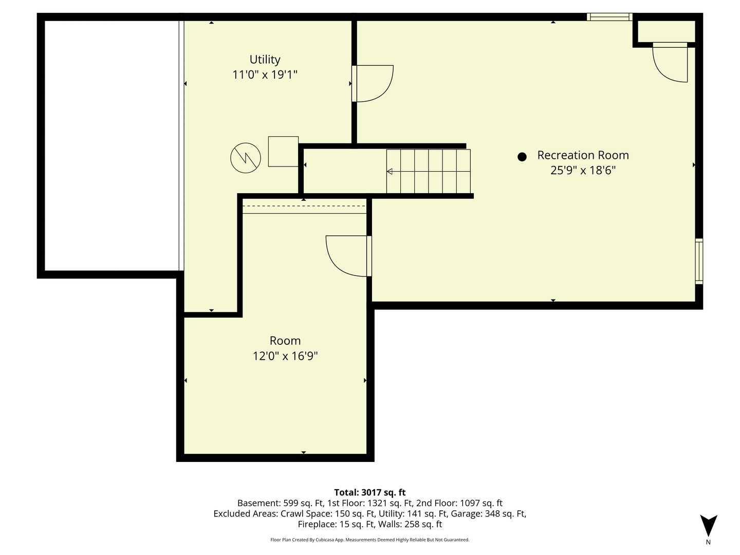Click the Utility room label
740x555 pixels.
[x=265, y=60]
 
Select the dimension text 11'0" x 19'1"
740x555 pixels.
[x=265, y=75]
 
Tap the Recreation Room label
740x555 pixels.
[x=583, y=155]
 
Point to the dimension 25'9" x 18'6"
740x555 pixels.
[x=583, y=171]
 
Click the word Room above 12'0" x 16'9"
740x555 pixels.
[x=285, y=341]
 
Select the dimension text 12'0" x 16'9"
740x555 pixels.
[x=285, y=356]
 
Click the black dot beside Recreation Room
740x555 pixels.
[x=522, y=157]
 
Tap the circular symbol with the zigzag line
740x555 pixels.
[x=246, y=157]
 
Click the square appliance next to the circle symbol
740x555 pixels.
[x=283, y=151]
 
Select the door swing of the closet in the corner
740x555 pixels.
[x=670, y=63]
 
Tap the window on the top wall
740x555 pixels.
[x=609, y=17]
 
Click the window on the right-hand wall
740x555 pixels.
[x=699, y=261]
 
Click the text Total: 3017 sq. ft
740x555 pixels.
[x=370, y=492]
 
